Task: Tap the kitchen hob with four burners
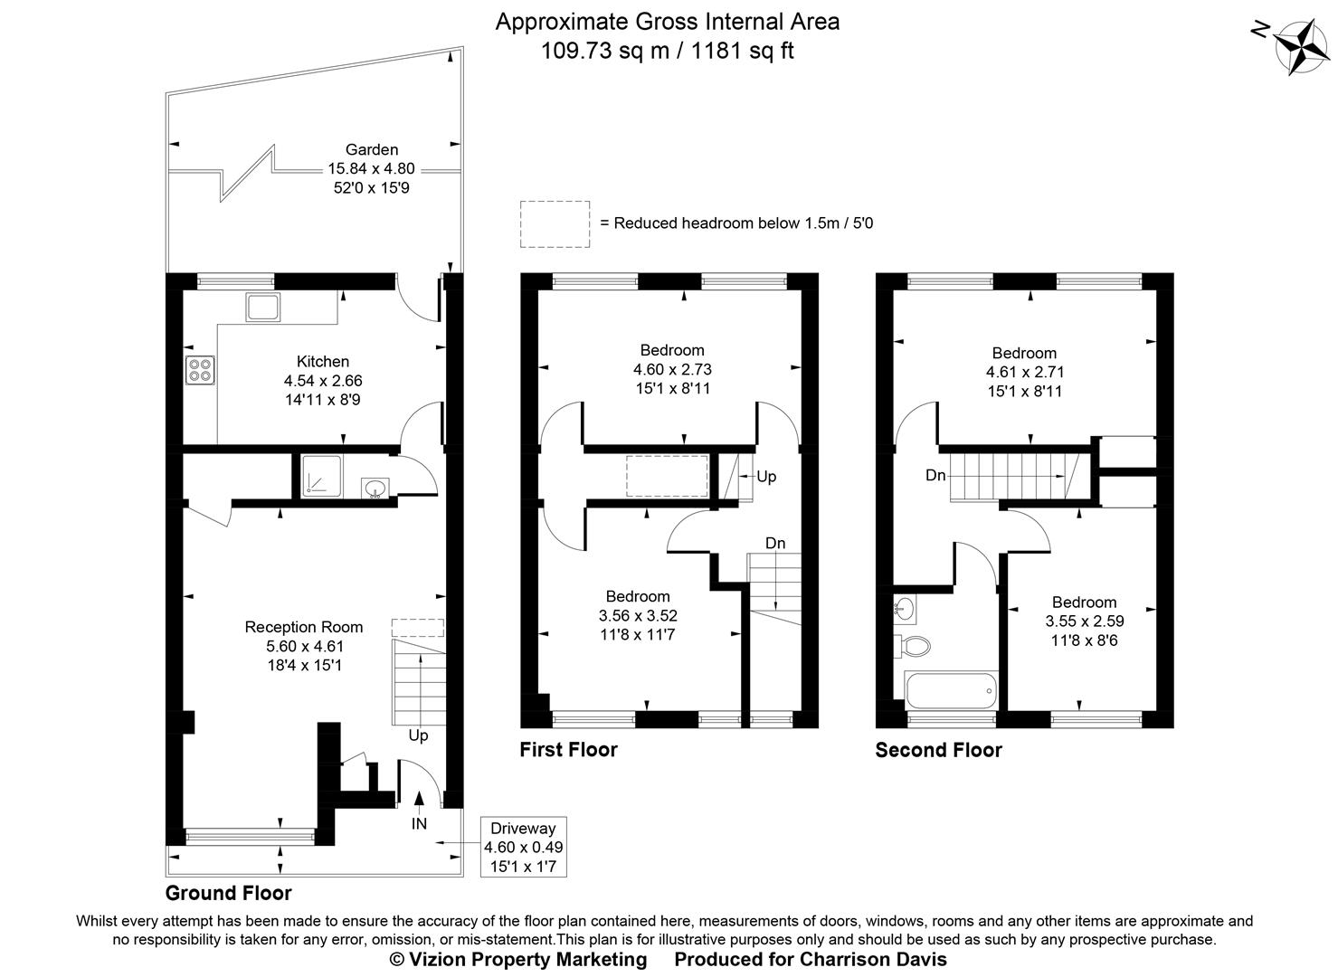pyautogui.click(x=200, y=370)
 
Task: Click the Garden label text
pyautogui.click(x=371, y=150)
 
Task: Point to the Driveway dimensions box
pyautogui.click(x=523, y=847)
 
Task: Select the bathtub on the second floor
pyautogui.click(x=950, y=691)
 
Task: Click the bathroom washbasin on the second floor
pyautogui.click(x=904, y=608)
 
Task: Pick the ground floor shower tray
pyautogui.click(x=321, y=476)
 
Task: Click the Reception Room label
pyautogui.click(x=304, y=627)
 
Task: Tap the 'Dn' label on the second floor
pyautogui.click(x=935, y=476)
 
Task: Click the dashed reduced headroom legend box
pyautogui.click(x=555, y=224)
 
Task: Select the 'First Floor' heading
pyautogui.click(x=568, y=750)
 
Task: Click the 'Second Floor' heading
pyautogui.click(x=938, y=750)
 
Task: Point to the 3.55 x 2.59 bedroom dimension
pyautogui.click(x=1084, y=621)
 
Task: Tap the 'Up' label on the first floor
pyautogui.click(x=766, y=477)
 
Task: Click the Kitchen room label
pyautogui.click(x=323, y=362)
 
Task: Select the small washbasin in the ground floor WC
pyautogui.click(x=374, y=489)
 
